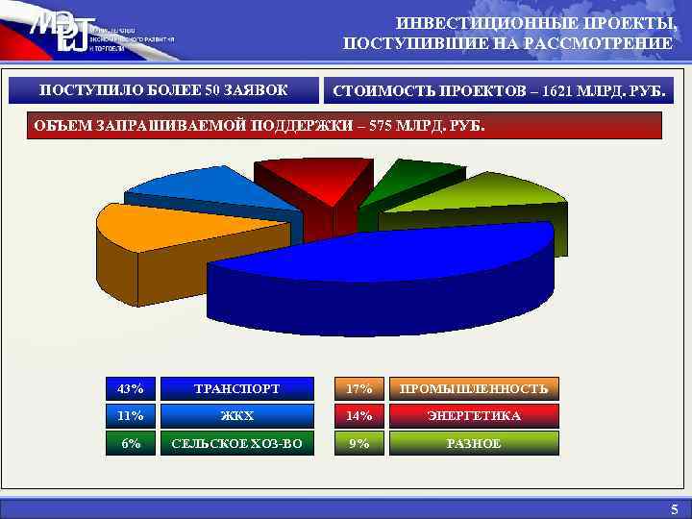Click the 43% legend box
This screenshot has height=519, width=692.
pos(130,389)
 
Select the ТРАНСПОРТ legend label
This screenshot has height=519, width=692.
pos(237,389)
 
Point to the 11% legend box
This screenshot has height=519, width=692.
pos(130,416)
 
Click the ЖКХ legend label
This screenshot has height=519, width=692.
pos(237,416)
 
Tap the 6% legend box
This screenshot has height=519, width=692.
pos(130,443)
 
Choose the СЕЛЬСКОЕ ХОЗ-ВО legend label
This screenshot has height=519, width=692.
pos(237,443)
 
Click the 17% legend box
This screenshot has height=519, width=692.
pos(359,389)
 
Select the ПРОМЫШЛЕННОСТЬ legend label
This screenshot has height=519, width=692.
pos(473,389)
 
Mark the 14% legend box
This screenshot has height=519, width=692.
pos(359,416)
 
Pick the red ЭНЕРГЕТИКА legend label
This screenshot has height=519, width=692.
pos(473,416)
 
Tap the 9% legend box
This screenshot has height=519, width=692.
pos(359,443)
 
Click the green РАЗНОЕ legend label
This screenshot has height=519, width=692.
pos(473,443)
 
